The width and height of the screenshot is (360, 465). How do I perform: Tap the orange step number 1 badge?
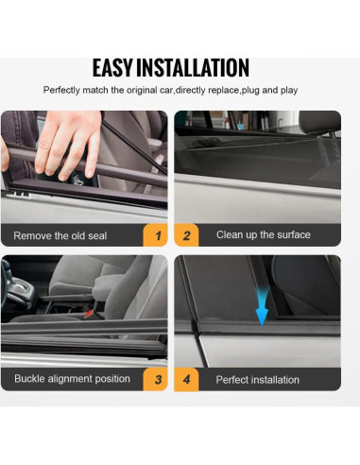pyautogui.click(x=156, y=235)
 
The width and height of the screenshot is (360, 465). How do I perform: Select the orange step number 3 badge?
pyautogui.click(x=156, y=380)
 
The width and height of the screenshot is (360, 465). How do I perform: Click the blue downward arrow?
pyautogui.click(x=261, y=310)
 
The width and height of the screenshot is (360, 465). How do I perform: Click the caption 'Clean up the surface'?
pyautogui.click(x=263, y=235)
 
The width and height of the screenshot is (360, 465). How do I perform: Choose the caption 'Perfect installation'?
pyautogui.click(x=257, y=380)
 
